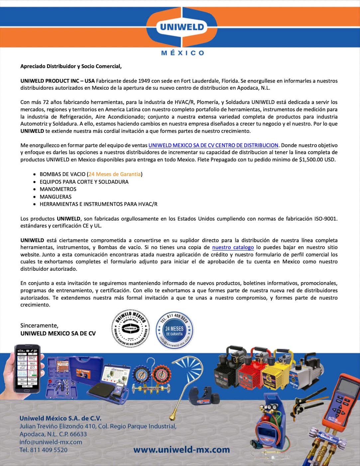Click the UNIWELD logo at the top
pyautogui.click(x=182, y=27)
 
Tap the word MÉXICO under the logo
pyautogui.click(x=182, y=53)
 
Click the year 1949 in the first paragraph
pyautogui.click(x=144, y=81)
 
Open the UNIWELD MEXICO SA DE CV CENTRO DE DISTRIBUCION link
pyautogui.click(x=213, y=145)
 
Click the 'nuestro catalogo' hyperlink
pyautogui.click(x=233, y=247)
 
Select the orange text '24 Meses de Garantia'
pyautogui.click(x=115, y=174)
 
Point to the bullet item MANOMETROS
pyautogui.click(x=58, y=189)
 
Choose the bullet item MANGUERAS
pyautogui.click(x=56, y=197)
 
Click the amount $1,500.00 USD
pyautogui.click(x=317, y=159)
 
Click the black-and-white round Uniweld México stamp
pyautogui.click(x=131, y=329)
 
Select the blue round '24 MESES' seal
pyautogui.click(x=175, y=330)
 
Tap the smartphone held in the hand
pyautogui.click(x=27, y=369)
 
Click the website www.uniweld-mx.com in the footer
pyautogui.click(x=181, y=450)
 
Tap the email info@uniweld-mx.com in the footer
pyautogui.click(x=51, y=442)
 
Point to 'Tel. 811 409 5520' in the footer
pyautogui.click(x=44, y=450)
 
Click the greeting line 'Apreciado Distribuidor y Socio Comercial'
pyautogui.click(x=71, y=66)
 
